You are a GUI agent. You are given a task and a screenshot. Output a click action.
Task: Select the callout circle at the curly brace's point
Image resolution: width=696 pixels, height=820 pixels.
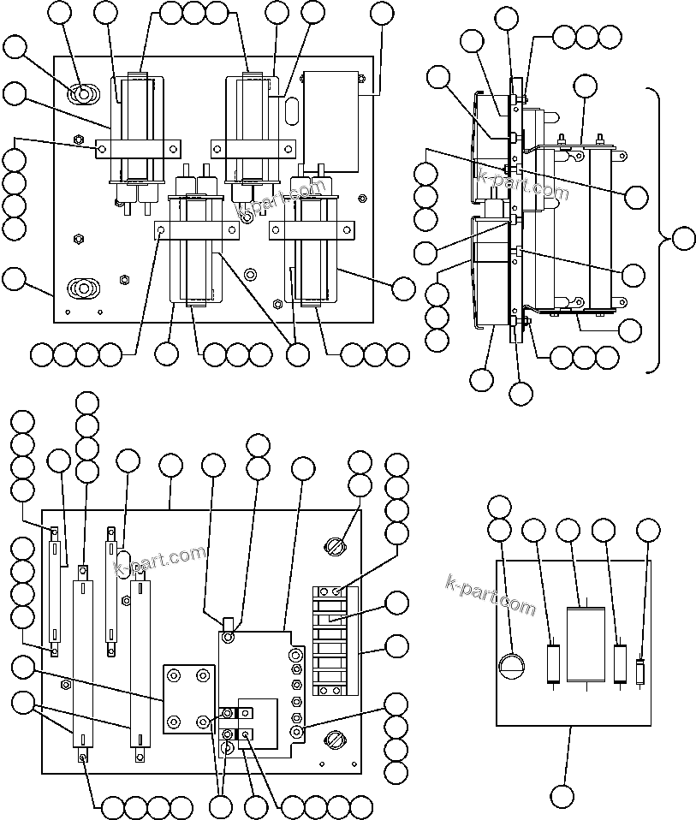pyautogui.click(x=683, y=239)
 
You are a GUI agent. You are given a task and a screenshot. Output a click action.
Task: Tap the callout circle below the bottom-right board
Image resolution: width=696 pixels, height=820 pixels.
pyautogui.click(x=562, y=796)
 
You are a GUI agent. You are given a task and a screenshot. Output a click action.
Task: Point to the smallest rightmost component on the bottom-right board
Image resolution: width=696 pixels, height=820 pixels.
pyautogui.click(x=639, y=673)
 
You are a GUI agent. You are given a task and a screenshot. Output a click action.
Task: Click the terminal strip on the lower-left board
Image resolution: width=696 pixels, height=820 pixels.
pyautogui.click(x=334, y=640)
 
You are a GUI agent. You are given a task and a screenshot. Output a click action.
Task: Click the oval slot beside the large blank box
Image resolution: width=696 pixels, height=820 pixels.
pyautogui.click(x=291, y=110)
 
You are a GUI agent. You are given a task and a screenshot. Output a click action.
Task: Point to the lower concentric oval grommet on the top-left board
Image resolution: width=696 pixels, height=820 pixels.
pyautogui.click(x=83, y=288)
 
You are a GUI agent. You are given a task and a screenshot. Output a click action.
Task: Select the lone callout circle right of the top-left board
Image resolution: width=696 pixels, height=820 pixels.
pyautogui.click(x=403, y=288)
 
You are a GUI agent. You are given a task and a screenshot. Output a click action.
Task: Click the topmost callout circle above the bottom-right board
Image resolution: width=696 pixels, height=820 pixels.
pyautogui.click(x=498, y=506)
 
